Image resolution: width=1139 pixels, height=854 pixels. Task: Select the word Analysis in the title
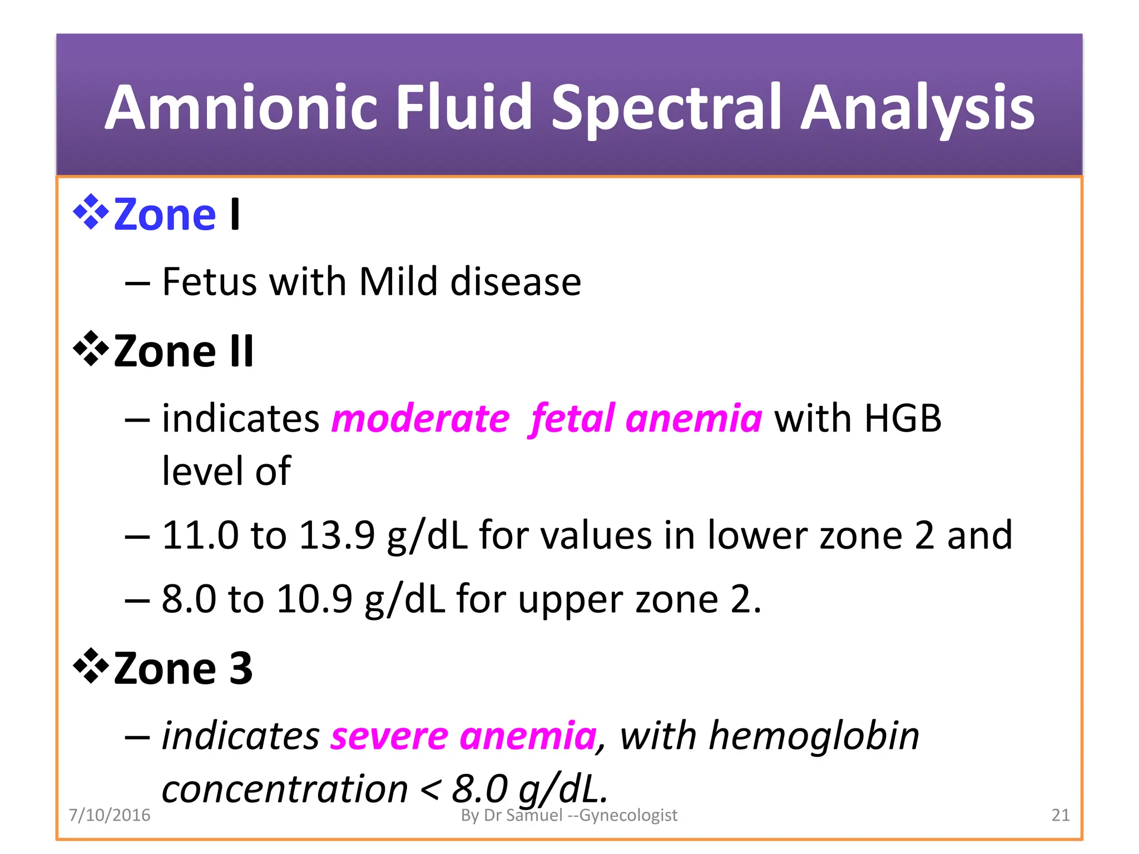(x=917, y=108)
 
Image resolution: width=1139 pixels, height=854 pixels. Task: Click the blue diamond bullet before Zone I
(x=91, y=212)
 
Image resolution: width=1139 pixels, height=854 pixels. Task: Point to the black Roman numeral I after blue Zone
(x=235, y=214)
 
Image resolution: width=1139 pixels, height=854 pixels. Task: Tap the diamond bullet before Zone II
(x=91, y=349)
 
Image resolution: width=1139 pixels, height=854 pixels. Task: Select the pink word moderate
(x=420, y=418)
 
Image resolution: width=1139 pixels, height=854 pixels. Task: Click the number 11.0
(x=200, y=535)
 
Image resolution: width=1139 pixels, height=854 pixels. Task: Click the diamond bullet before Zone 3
(x=91, y=666)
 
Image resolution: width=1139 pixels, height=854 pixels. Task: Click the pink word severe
(x=389, y=736)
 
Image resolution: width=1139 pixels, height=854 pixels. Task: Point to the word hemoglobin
(x=814, y=736)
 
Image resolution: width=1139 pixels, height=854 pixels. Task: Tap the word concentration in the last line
(x=285, y=788)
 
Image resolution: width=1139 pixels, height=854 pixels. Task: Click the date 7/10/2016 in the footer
(x=110, y=815)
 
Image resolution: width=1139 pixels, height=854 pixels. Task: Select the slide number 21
(x=1060, y=815)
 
